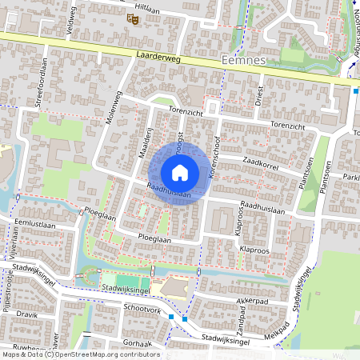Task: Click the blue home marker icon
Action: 180,173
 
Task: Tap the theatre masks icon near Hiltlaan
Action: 130,17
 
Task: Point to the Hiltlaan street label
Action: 148,5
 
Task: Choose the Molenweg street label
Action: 112,109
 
